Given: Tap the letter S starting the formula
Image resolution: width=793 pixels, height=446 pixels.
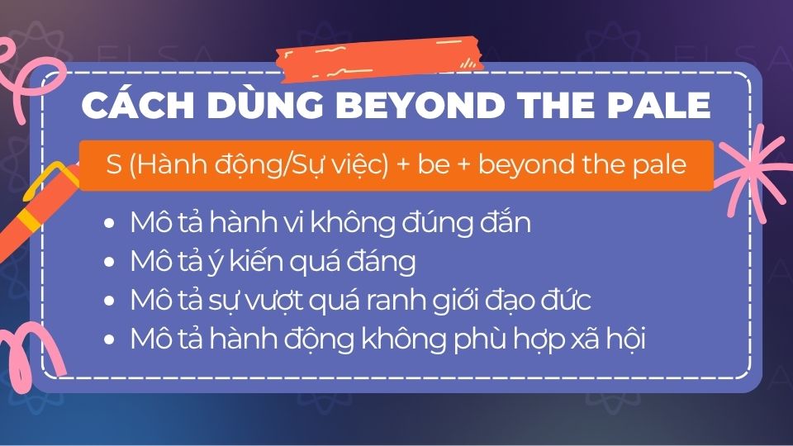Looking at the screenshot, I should [x=114, y=164].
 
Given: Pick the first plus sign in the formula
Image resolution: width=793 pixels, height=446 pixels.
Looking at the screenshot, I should [x=403, y=165].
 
